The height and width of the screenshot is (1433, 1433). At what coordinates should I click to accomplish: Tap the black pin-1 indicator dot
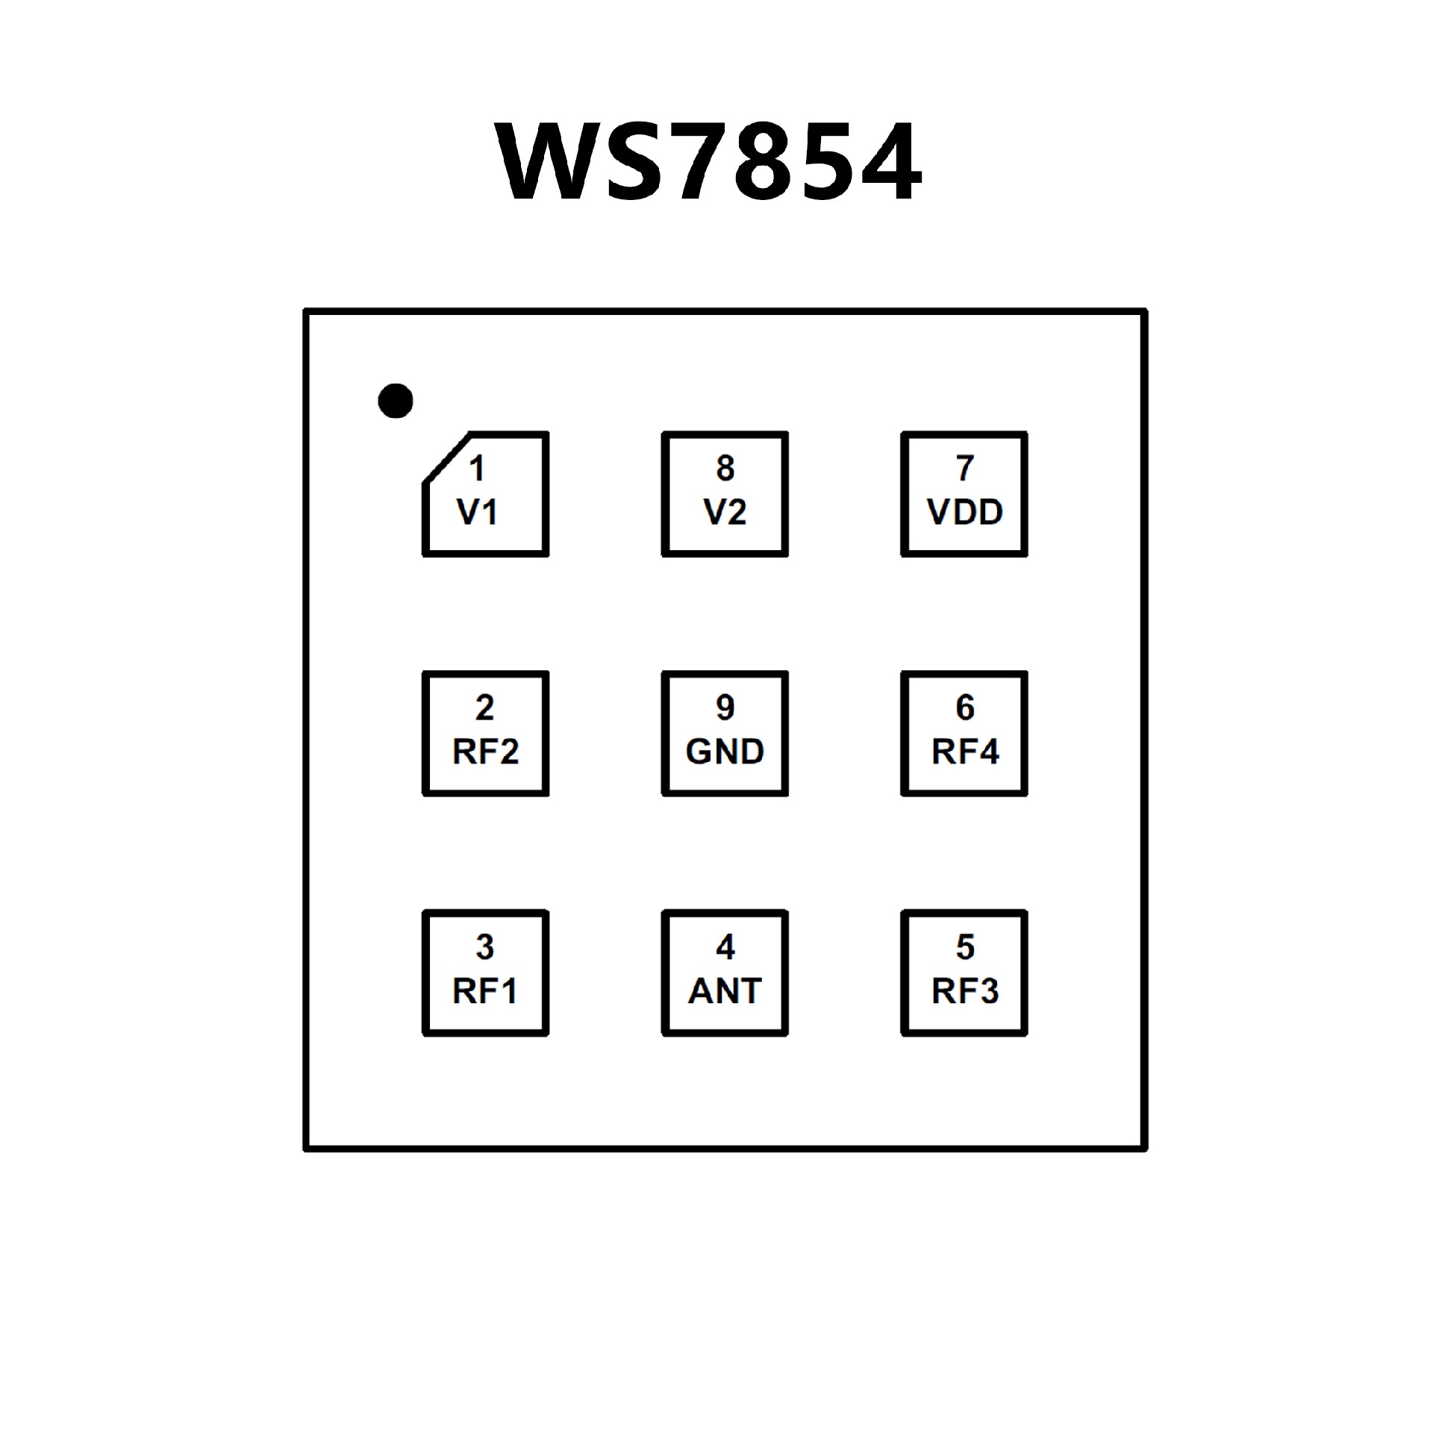coord(395,402)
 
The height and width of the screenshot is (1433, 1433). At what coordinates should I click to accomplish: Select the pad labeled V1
coord(486,494)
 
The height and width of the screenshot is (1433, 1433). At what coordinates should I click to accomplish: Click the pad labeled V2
coord(725,494)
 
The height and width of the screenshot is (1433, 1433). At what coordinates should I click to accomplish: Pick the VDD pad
coord(964,494)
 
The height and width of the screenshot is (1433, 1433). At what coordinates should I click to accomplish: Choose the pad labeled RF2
coord(486,734)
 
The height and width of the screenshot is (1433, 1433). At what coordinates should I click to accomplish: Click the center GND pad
coord(725,734)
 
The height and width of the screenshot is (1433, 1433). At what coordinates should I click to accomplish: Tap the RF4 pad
coord(964,734)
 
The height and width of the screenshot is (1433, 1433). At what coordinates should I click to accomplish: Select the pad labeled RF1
coord(486,973)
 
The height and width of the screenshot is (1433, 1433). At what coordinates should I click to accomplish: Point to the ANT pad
coord(725,973)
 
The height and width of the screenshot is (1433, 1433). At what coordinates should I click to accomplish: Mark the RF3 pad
coord(964,973)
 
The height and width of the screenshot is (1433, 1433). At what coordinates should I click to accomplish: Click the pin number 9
coord(725,708)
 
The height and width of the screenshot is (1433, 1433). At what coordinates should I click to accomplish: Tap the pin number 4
coord(725,947)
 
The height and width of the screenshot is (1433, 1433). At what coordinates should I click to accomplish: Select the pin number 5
coord(965,947)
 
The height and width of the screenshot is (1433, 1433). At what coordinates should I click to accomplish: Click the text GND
coord(725,752)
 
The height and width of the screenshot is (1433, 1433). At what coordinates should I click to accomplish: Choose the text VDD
coord(965,513)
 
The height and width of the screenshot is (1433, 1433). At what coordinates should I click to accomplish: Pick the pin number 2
coord(485,708)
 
